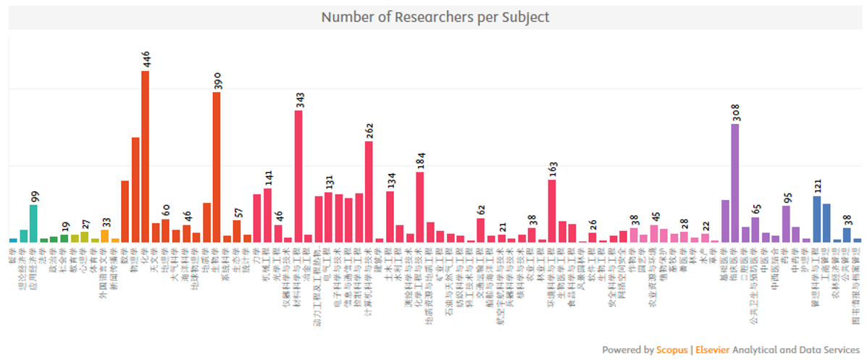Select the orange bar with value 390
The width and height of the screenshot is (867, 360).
pos(217,167)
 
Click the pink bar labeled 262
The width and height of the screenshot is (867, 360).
pos(369,191)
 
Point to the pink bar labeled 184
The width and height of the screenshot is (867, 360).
pos(420,206)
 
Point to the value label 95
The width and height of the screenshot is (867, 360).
pos(787,198)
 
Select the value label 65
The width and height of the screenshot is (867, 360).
pos(756,210)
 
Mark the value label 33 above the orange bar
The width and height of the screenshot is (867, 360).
pos(105,222)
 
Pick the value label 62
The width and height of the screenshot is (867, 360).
pos(481,211)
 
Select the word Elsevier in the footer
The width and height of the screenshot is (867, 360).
pos(711,350)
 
